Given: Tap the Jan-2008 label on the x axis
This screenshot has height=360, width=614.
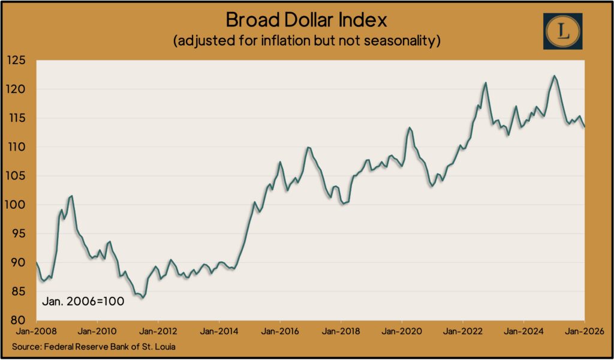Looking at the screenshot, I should coord(37,331).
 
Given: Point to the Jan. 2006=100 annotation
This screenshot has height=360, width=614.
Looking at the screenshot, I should coord(83,301).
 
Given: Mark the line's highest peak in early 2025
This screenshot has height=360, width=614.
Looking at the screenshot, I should coord(554,76).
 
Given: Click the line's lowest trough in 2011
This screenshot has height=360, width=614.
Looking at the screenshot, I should coord(142,298).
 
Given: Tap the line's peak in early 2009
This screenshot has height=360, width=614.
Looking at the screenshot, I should coord(72,196).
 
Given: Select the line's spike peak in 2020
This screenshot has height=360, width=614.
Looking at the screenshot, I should coord(410,128).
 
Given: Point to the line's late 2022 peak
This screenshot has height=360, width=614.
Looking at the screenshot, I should coord(485,83).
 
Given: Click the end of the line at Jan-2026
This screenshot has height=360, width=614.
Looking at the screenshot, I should coord(585,126).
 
